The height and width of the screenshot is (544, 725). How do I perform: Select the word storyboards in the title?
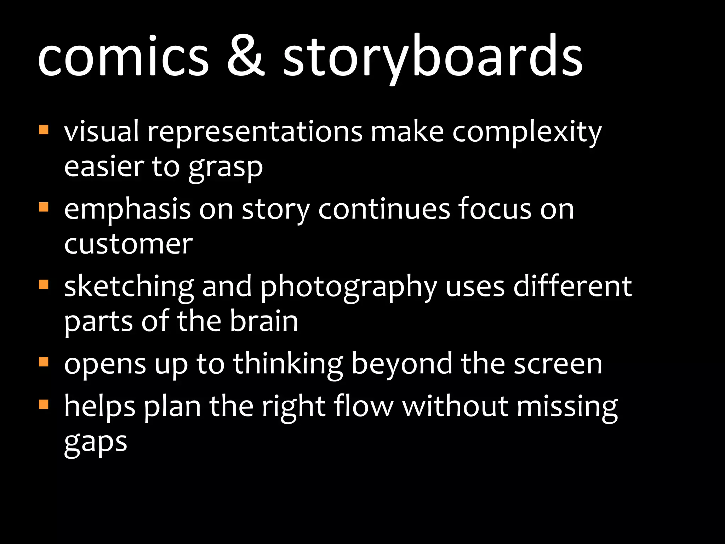[x=433, y=57]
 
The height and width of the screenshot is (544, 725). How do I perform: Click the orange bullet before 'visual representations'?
[x=43, y=129]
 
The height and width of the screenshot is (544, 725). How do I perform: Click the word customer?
[x=128, y=244]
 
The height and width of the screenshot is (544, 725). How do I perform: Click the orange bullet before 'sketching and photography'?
[x=43, y=284]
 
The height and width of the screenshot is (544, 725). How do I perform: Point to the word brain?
[x=264, y=321]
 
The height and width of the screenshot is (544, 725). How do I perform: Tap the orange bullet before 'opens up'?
[x=43, y=362]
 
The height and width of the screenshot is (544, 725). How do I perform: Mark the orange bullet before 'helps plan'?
[x=43, y=404]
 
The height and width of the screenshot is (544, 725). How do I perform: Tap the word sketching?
[x=129, y=287]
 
